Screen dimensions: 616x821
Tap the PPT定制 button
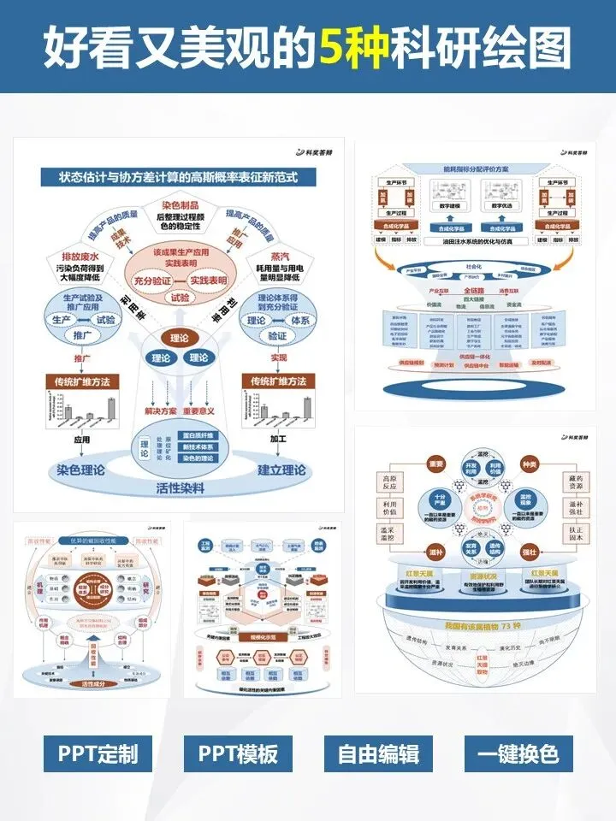98,754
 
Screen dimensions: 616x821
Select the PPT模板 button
238,754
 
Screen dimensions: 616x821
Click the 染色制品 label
179,206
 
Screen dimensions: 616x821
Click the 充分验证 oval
154,280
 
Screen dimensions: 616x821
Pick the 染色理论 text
80,470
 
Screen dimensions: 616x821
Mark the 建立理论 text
281,470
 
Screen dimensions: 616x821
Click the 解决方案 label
160,410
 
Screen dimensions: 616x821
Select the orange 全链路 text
472,291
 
